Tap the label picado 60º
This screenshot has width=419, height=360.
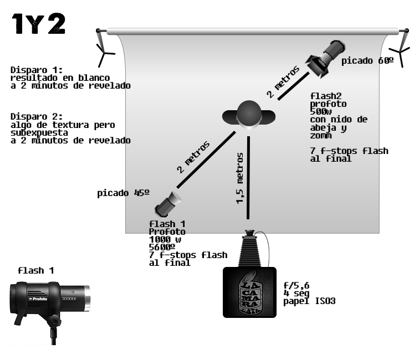[x=367, y=60]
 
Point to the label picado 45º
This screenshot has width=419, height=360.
[x=123, y=193]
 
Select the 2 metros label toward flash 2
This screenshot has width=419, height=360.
[x=283, y=82]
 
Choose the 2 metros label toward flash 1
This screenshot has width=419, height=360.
[x=193, y=157]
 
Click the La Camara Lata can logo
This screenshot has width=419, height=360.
[x=249, y=293]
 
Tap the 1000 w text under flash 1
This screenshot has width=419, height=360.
[x=165, y=240]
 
